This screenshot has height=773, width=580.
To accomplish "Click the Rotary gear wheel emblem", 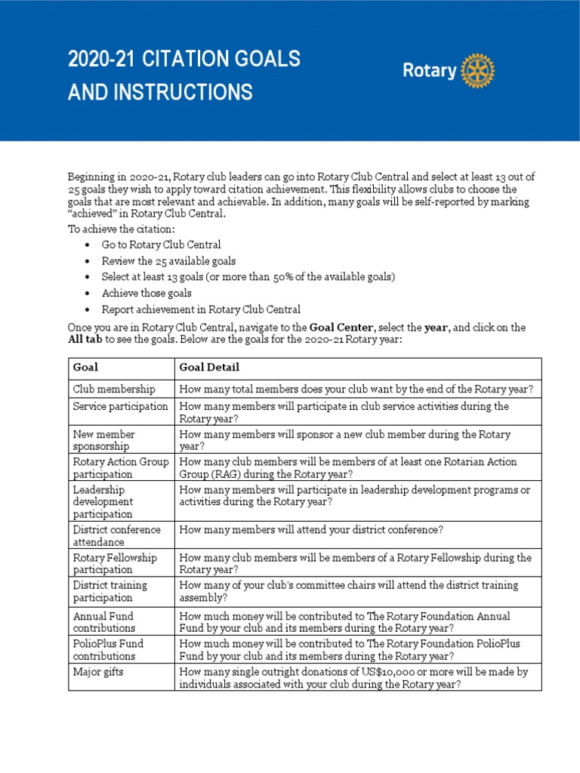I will tap(477, 72).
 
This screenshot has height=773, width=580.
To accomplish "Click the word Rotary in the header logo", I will tap(429, 72).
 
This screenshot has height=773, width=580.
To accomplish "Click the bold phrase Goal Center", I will tap(341, 328).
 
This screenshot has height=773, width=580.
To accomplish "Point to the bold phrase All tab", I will tap(85, 340).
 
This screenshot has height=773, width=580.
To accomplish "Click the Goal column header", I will tap(85, 368).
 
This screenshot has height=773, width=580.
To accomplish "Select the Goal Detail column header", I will tap(209, 368).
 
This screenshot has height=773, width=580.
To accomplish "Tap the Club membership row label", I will tap(114, 389).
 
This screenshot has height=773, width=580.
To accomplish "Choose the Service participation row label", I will tap(120, 406).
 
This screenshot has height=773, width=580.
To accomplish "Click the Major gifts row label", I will tap(99, 671).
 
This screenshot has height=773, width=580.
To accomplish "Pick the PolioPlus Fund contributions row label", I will tap(108, 649).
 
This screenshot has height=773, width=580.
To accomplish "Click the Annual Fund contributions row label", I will tap(104, 621).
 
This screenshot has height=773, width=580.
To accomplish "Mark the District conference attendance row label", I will tap(116, 535).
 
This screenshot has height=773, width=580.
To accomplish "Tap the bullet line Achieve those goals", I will tap(147, 293).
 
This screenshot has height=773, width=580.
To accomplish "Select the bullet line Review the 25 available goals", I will tap(168, 261).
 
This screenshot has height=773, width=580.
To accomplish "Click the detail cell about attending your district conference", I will tap(311, 529).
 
